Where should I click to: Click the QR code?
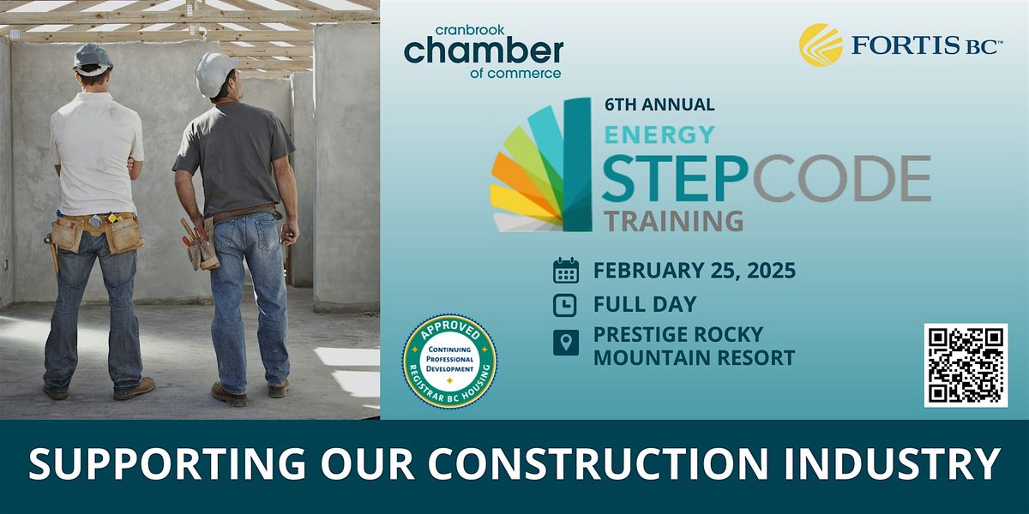966,365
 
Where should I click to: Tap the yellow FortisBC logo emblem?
821,45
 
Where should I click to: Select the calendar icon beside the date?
565,271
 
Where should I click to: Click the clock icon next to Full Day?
565,305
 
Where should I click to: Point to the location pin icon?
565,343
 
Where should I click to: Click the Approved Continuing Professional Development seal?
449,362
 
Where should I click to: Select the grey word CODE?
841,178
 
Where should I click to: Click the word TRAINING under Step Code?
673,221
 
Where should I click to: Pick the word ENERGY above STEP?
659,135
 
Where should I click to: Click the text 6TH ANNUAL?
659,105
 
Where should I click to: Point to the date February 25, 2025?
695,271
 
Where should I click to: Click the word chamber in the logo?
484,51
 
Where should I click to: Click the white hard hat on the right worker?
214,74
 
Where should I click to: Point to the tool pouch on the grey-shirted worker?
201,246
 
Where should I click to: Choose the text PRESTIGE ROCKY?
678,335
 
